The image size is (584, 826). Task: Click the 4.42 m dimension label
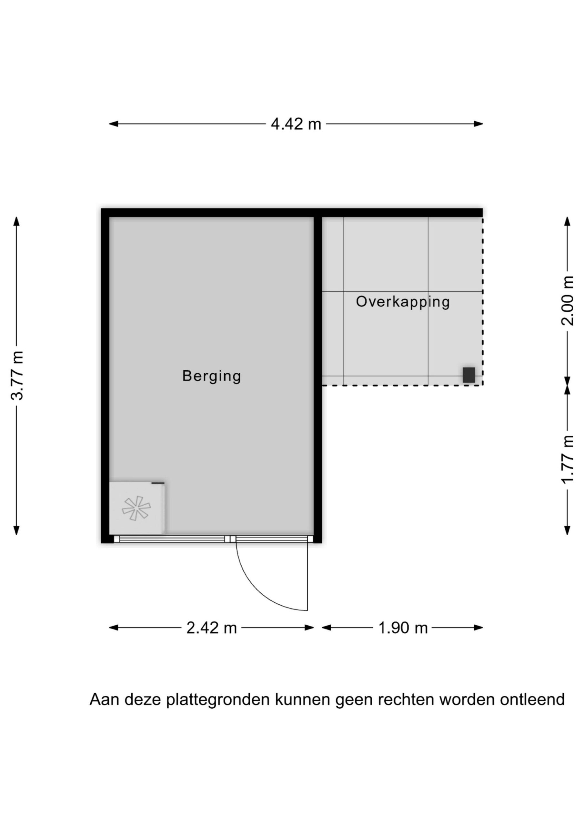pyautogui.click(x=296, y=124)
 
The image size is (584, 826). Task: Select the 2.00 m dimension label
pyautogui.click(x=567, y=301)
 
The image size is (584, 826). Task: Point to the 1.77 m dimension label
pyautogui.click(x=567, y=459)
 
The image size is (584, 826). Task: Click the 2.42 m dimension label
pyautogui.click(x=212, y=628)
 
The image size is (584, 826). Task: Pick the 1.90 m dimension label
pyautogui.click(x=403, y=628)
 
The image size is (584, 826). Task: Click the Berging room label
pyautogui.click(x=212, y=376)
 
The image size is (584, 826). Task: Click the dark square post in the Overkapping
pyautogui.click(x=468, y=375)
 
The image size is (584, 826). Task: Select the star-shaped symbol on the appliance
pyautogui.click(x=136, y=508)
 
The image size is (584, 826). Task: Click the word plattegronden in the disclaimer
pyautogui.click(x=218, y=700)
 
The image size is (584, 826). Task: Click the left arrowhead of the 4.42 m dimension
pyautogui.click(x=114, y=124)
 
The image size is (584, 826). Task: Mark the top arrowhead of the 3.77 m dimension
pyautogui.click(x=16, y=221)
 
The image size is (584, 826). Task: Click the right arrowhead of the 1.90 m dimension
pyautogui.click(x=478, y=628)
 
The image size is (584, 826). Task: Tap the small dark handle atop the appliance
pyautogui.click(x=157, y=483)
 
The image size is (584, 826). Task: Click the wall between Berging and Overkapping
pyautogui.click(x=318, y=379)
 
